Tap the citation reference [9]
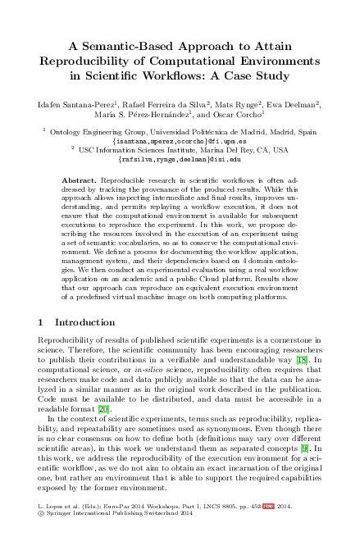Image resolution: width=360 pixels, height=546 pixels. coord(305,449)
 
